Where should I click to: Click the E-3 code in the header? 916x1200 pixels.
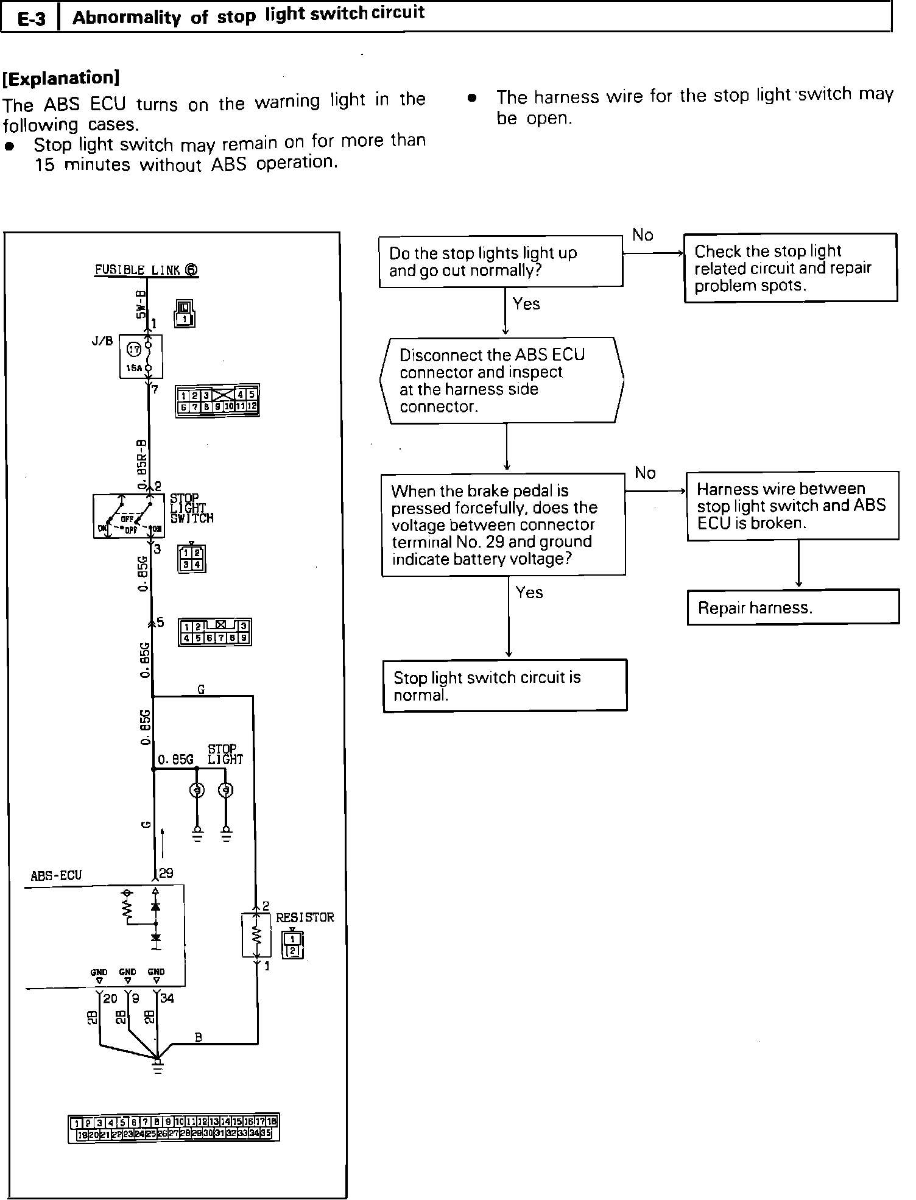point(31,18)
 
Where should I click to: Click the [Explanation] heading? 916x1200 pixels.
point(62,78)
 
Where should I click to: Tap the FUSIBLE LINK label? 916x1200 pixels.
point(146,270)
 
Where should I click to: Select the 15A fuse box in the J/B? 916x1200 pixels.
point(141,356)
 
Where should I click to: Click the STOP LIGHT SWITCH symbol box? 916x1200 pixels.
point(129,516)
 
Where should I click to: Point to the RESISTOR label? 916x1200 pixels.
point(305,917)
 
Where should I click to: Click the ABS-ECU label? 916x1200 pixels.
point(56,875)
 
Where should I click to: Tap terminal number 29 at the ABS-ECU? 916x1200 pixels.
point(166,874)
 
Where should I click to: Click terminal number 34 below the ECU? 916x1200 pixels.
point(166,998)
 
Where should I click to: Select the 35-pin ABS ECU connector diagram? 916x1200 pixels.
point(174,1128)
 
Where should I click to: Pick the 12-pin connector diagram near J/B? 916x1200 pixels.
point(217,400)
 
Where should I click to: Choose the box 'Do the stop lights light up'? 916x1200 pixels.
point(501,261)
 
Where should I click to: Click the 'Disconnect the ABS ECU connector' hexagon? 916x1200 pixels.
point(502,380)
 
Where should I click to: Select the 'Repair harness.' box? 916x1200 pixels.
point(792,607)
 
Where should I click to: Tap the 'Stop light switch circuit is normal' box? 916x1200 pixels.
point(505,685)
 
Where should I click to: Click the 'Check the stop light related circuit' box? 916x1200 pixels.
point(790,268)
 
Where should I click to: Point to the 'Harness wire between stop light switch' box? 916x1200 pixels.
point(792,506)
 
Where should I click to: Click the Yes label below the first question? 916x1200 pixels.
point(526,304)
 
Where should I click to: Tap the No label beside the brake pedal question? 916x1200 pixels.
point(645,473)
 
